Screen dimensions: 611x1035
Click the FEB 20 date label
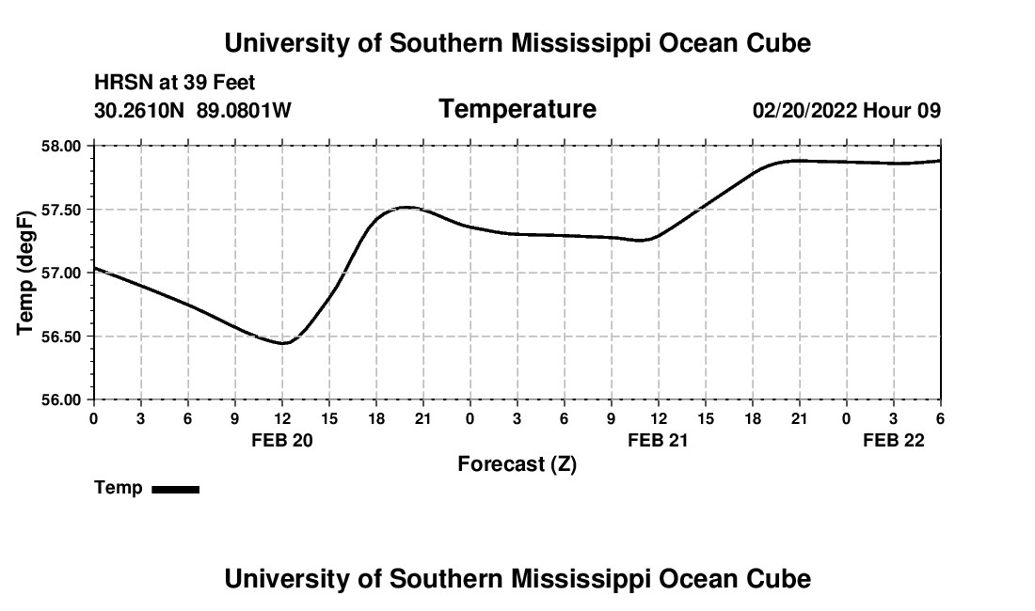(x=282, y=440)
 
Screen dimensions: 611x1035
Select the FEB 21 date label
(x=659, y=440)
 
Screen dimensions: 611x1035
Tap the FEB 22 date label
(x=895, y=440)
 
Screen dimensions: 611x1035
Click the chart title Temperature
(x=517, y=109)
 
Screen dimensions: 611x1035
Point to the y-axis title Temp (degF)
(x=27, y=274)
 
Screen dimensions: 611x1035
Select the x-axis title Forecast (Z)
(x=517, y=463)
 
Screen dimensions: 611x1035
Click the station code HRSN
(x=118, y=84)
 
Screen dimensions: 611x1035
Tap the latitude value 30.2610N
(x=140, y=111)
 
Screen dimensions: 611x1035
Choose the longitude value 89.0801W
(x=244, y=111)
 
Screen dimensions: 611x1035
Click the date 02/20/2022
(x=804, y=111)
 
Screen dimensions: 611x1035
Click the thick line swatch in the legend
(x=175, y=489)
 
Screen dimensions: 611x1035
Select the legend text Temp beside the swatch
(x=119, y=488)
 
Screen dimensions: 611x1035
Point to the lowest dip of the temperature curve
(x=282, y=343)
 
